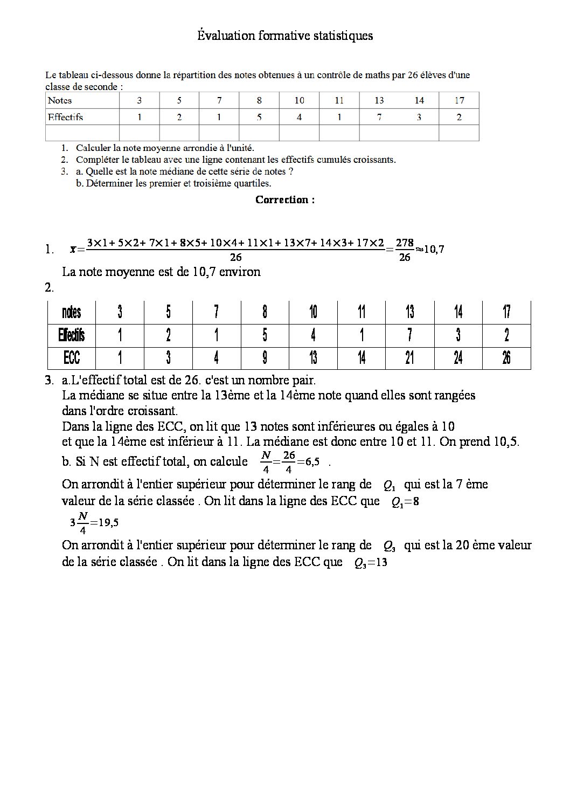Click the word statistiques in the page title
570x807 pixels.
click(x=342, y=36)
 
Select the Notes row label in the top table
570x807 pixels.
click(x=60, y=100)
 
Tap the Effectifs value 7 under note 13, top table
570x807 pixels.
click(x=379, y=117)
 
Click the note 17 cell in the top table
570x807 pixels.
click(x=459, y=100)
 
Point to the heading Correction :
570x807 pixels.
click(x=285, y=199)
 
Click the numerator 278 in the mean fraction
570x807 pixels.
click(x=405, y=243)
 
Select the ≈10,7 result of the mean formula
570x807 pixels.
click(x=429, y=249)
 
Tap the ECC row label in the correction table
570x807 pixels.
click(x=72, y=358)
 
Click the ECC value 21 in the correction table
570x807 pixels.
click(x=410, y=358)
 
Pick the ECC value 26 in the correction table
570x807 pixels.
click(x=506, y=358)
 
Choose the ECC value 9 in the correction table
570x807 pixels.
click(x=265, y=358)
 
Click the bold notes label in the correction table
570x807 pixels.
click(x=72, y=312)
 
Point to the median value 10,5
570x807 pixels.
click(x=506, y=442)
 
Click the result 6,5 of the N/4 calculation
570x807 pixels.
click(x=312, y=462)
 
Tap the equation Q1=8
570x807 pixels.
click(x=405, y=502)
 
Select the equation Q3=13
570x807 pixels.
click(x=371, y=563)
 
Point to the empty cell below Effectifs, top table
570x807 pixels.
click(x=82, y=133)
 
